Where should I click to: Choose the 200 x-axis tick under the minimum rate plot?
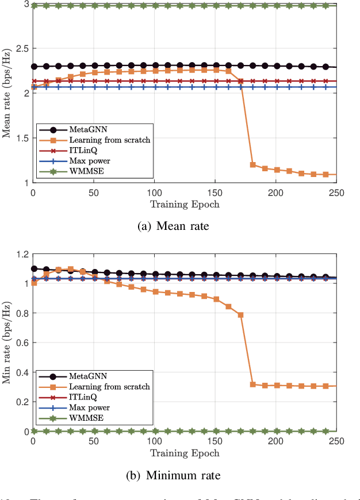(x=275, y=440)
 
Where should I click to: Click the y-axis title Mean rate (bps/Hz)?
(x=7, y=94)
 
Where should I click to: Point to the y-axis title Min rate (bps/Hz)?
(x=7, y=343)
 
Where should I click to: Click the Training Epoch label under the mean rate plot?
(x=185, y=203)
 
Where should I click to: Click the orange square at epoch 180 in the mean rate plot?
(x=252, y=164)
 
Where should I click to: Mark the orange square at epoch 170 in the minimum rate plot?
(x=240, y=315)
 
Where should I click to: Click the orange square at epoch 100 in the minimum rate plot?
(x=155, y=291)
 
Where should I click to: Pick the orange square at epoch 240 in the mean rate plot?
(x=325, y=174)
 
